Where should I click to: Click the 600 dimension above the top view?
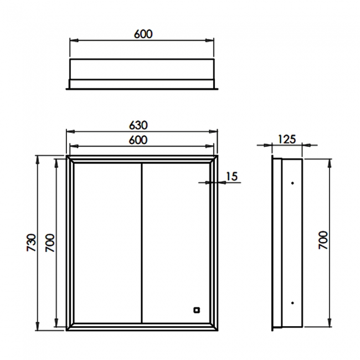pyautogui.click(x=143, y=34)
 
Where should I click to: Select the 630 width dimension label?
pyautogui.click(x=138, y=125)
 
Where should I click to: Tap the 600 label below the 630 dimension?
pyautogui.click(x=138, y=140)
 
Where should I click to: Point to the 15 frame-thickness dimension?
pyautogui.click(x=232, y=176)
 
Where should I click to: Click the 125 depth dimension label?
pyautogui.click(x=287, y=140)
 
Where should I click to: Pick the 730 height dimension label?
pyautogui.click(x=32, y=243)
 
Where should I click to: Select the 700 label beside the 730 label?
pyautogui.click(x=50, y=243)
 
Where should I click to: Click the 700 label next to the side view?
pyautogui.click(x=323, y=240)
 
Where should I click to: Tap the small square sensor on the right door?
pyautogui.click(x=197, y=310)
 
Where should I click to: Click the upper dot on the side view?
pyautogui.click(x=292, y=183)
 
